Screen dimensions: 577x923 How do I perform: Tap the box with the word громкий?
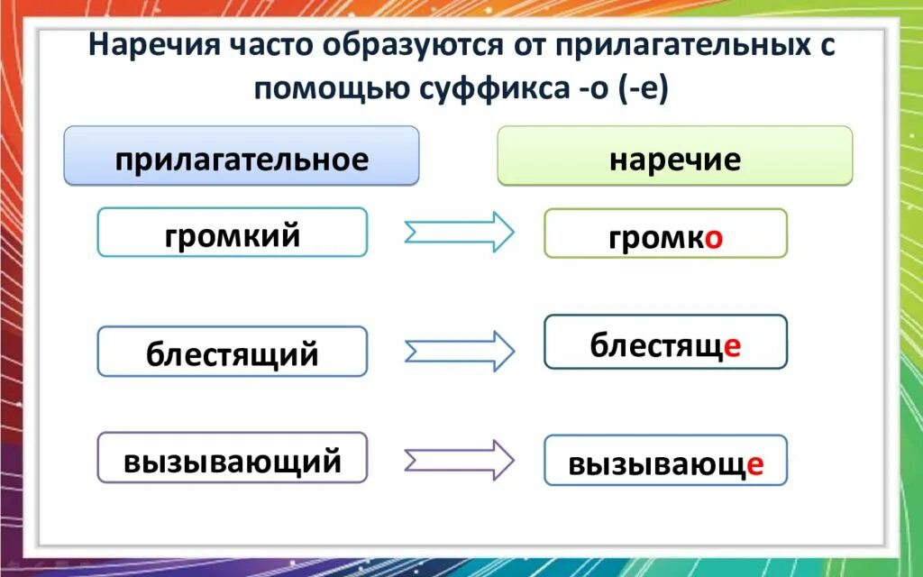click(232, 233)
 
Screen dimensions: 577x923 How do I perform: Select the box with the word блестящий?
click(232, 352)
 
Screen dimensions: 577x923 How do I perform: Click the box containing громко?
click(665, 234)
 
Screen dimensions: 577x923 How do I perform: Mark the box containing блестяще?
click(665, 342)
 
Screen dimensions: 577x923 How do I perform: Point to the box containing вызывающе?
click(665, 461)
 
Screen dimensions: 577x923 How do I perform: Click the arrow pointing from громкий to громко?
click(459, 233)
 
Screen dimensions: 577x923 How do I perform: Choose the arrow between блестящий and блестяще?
click(459, 350)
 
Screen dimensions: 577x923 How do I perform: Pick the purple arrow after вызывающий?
click(459, 460)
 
